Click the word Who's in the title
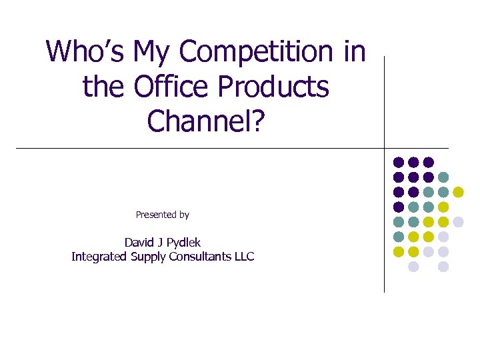pos(86,51)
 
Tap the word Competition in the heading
pos(257,51)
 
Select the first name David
pos(139,242)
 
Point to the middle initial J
pos(160,242)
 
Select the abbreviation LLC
pos(243,257)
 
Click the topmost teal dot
pos(443,177)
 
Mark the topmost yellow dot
pos(458,192)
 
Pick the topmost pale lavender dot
pos(458,221)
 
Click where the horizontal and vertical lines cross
pos(385,147)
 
